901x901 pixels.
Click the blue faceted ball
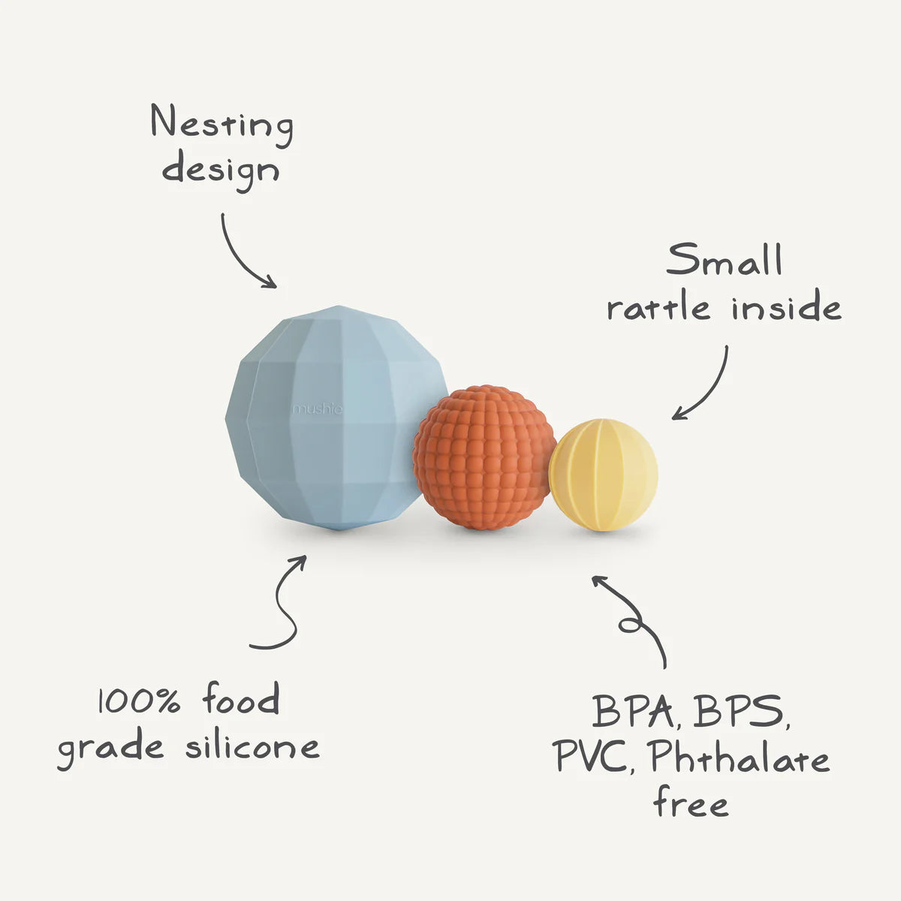click(x=330, y=420)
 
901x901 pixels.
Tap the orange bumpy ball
click(x=483, y=460)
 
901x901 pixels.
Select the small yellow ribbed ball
click(x=603, y=475)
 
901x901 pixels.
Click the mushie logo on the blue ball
click(x=318, y=409)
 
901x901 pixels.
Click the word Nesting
click(x=221, y=125)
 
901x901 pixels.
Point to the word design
click(x=221, y=169)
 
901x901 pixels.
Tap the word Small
click(x=724, y=261)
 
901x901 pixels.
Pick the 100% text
click(x=139, y=702)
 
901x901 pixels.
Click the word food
click(x=241, y=700)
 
